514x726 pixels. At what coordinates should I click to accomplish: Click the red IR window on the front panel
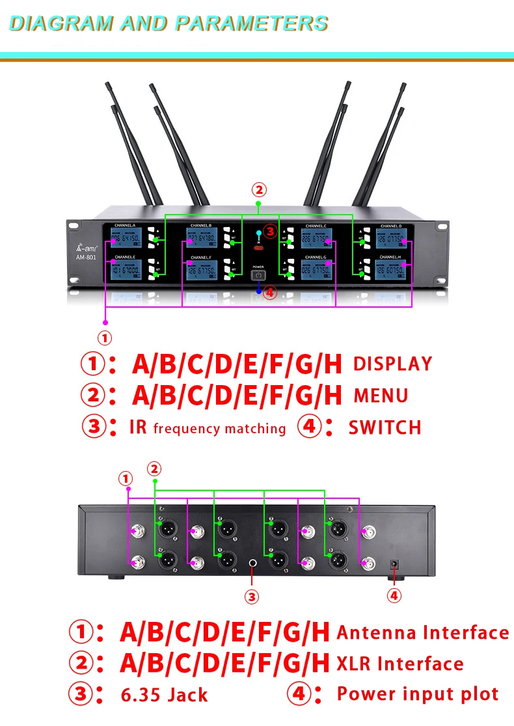(x=258, y=249)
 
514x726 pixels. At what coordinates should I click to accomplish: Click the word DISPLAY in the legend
(x=392, y=364)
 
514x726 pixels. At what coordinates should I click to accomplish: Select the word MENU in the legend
(x=381, y=396)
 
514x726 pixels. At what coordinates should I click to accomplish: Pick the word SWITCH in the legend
(x=385, y=427)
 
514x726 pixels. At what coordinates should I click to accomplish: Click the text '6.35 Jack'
(x=165, y=695)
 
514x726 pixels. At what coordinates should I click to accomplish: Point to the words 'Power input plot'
(x=418, y=693)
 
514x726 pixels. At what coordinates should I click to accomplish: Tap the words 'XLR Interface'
(x=400, y=664)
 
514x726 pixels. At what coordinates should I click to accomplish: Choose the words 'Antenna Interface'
(x=423, y=632)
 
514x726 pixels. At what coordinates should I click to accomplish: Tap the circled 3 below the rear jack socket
(x=252, y=595)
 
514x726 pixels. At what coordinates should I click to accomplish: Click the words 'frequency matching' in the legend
(x=219, y=428)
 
